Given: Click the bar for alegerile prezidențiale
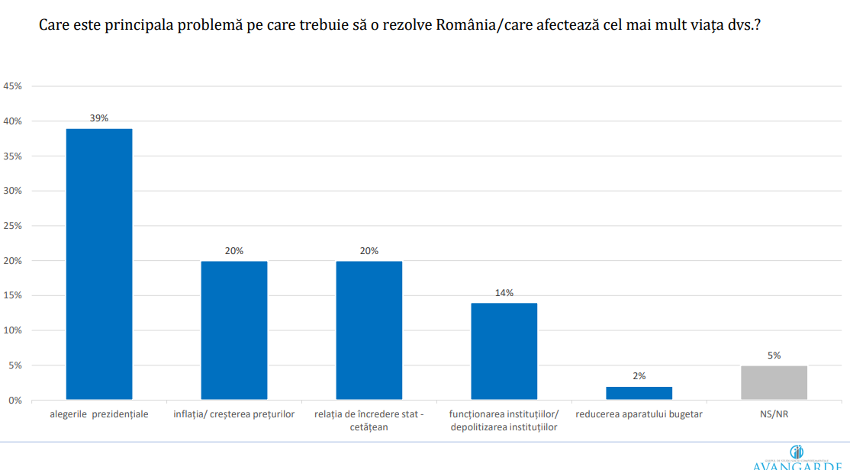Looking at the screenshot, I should pos(99,264).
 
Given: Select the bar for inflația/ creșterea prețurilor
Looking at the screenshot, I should pos(234,330).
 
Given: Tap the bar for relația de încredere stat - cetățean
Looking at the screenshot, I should pos(369,330).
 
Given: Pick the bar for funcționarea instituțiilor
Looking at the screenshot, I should pos(504,351).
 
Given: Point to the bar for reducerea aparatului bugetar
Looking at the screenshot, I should pos(639,393).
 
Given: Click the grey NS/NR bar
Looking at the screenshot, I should pos(774,383).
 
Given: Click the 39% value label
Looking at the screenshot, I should pos(99,118).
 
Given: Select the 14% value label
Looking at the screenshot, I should pos(504,292).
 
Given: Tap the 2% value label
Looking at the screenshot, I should pos(639,376).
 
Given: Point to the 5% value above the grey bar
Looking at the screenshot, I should pos(774,355).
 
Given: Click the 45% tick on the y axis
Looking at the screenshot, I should pos(13,86).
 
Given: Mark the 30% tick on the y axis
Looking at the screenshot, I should pos(13,191).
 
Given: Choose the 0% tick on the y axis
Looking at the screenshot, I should pos(15,401).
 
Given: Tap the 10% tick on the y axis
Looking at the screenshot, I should pos(13,330).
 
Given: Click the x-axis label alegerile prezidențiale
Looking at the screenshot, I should pos(99,414).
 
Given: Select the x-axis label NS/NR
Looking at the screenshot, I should pos(774,414).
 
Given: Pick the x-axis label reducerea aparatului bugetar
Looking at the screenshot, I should pos(639,414).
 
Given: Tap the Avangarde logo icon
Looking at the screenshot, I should pos(797,452).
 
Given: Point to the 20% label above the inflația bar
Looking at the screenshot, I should pos(234,251).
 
